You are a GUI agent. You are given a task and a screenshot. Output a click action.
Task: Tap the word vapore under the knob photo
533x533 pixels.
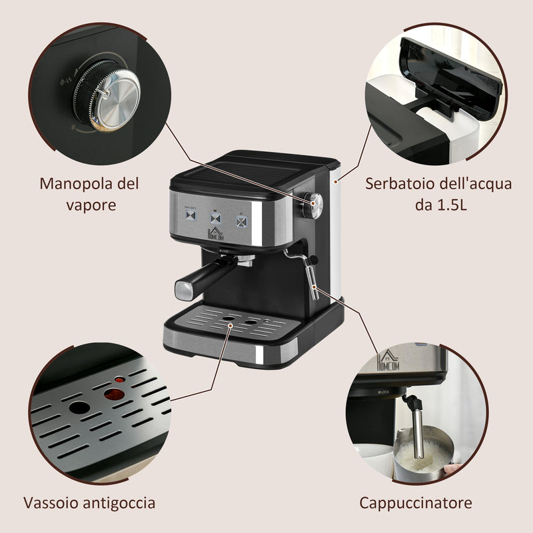pyautogui.click(x=91, y=205)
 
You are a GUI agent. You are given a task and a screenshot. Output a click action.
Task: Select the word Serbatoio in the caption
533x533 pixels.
pyautogui.click(x=397, y=183)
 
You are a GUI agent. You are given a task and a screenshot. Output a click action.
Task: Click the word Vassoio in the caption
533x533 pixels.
pyautogui.click(x=51, y=502)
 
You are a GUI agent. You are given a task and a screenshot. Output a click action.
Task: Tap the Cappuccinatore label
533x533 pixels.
pyautogui.click(x=416, y=502)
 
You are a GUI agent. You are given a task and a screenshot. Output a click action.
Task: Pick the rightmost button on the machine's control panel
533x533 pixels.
pyautogui.click(x=241, y=219)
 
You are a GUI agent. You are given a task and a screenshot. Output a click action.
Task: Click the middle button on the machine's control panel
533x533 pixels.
pyautogui.click(x=216, y=218)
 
